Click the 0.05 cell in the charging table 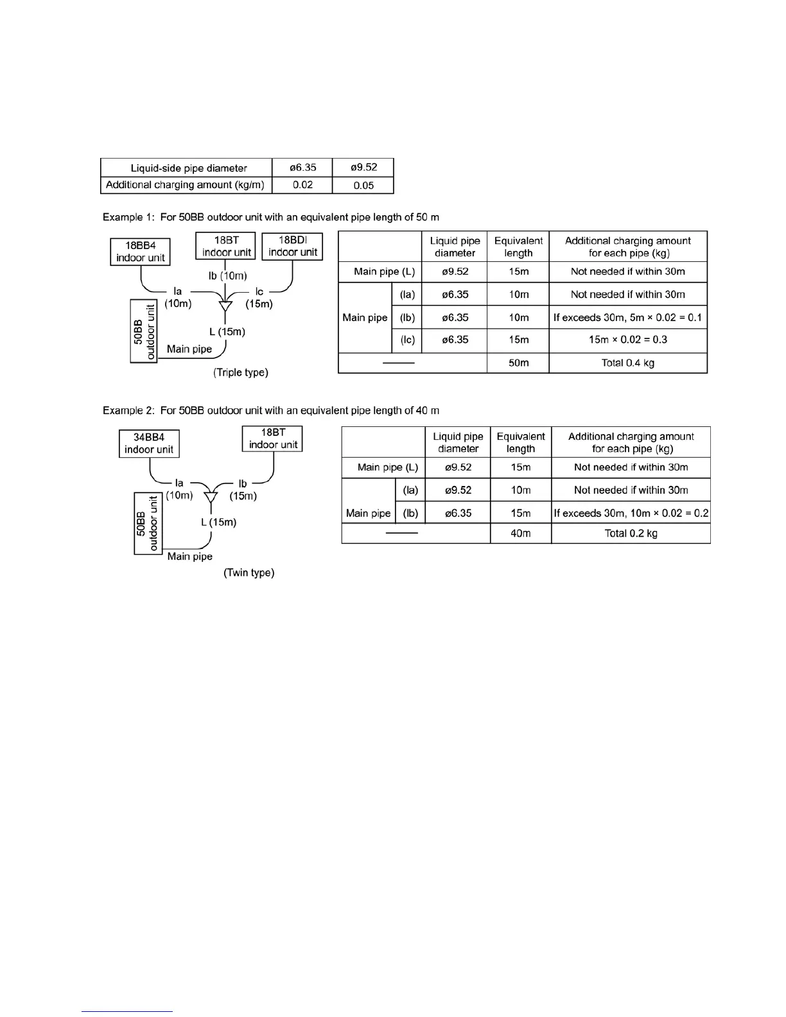tap(363, 186)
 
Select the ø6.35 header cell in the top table tap(302, 168)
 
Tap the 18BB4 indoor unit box tap(141, 252)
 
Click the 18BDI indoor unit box tap(292, 247)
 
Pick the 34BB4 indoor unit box tap(149, 444)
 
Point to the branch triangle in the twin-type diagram tap(211, 498)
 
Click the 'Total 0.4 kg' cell tap(627, 363)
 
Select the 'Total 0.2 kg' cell tap(631, 534)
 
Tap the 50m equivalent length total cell tap(518, 363)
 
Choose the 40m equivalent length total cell tap(520, 534)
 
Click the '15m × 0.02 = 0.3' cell tap(627, 340)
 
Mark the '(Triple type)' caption tap(241, 372)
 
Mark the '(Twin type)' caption tap(249, 573)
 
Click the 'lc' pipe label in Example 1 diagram tap(259, 292)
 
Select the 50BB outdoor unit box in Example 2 tap(148, 523)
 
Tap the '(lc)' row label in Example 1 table tap(408, 340)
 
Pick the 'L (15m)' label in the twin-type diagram tap(218, 523)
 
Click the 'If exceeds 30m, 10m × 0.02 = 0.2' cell tap(631, 513)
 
